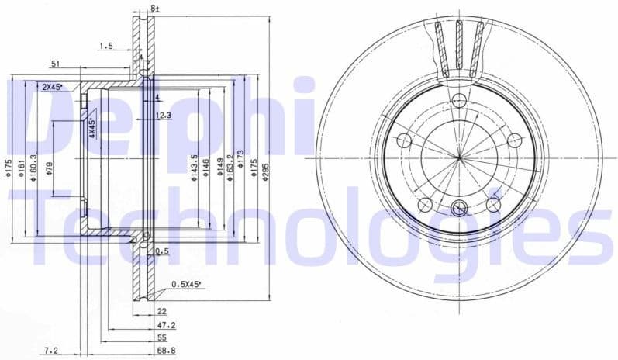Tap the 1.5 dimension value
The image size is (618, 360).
[105, 47]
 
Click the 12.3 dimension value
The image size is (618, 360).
[163, 115]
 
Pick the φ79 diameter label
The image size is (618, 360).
[49, 168]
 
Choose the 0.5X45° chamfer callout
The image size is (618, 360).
[186, 285]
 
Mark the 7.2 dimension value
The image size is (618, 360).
[51, 351]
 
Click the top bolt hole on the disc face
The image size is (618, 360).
[459, 99]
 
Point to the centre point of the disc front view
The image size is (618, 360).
[459, 157]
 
